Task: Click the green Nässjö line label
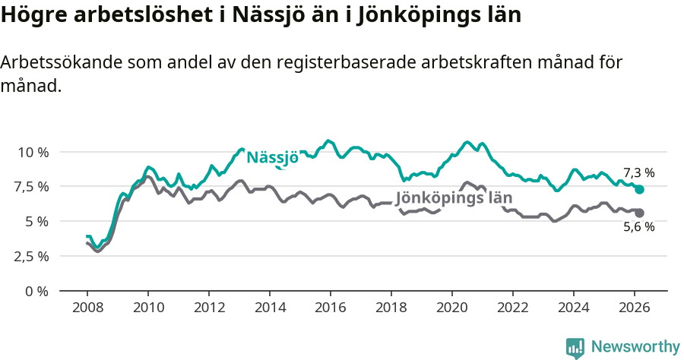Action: click(x=272, y=157)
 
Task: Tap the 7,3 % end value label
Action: click(x=638, y=172)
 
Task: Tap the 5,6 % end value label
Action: click(x=638, y=226)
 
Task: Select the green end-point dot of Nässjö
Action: click(x=639, y=189)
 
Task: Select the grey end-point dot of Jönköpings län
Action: click(x=639, y=213)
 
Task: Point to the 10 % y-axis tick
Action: click(x=33, y=152)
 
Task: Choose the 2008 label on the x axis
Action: click(x=87, y=308)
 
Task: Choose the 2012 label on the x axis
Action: click(x=208, y=308)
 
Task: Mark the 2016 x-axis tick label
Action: click(x=330, y=308)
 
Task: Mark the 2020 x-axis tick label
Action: click(x=451, y=308)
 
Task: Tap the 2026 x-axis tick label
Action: click(x=634, y=308)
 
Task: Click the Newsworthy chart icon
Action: click(x=575, y=348)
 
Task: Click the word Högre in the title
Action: click(x=30, y=16)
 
